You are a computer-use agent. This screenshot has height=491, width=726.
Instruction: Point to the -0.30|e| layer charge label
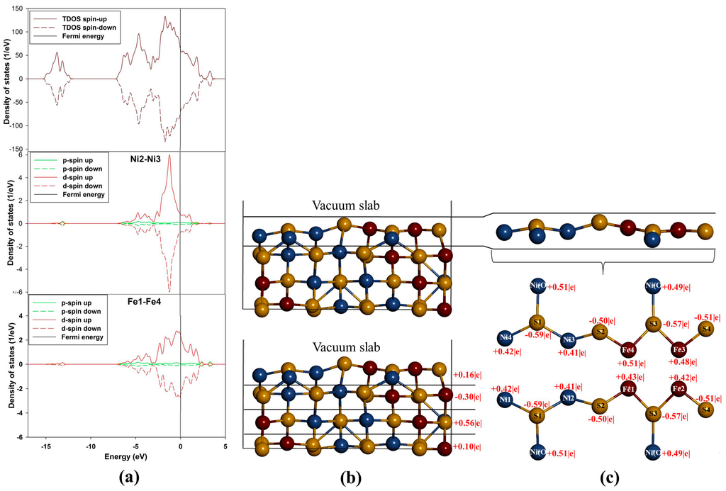coord(469,397)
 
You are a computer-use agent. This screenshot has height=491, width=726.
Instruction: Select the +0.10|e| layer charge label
coord(469,448)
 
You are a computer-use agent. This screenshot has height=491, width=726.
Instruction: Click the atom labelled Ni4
coord(506,337)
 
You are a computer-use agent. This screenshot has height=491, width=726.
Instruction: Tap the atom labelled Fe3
coord(679,349)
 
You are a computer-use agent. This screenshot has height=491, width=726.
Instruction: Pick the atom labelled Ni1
coord(505,400)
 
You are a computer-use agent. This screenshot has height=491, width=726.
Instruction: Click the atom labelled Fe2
coord(678,389)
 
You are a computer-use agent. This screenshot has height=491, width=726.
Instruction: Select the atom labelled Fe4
coord(628,350)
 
